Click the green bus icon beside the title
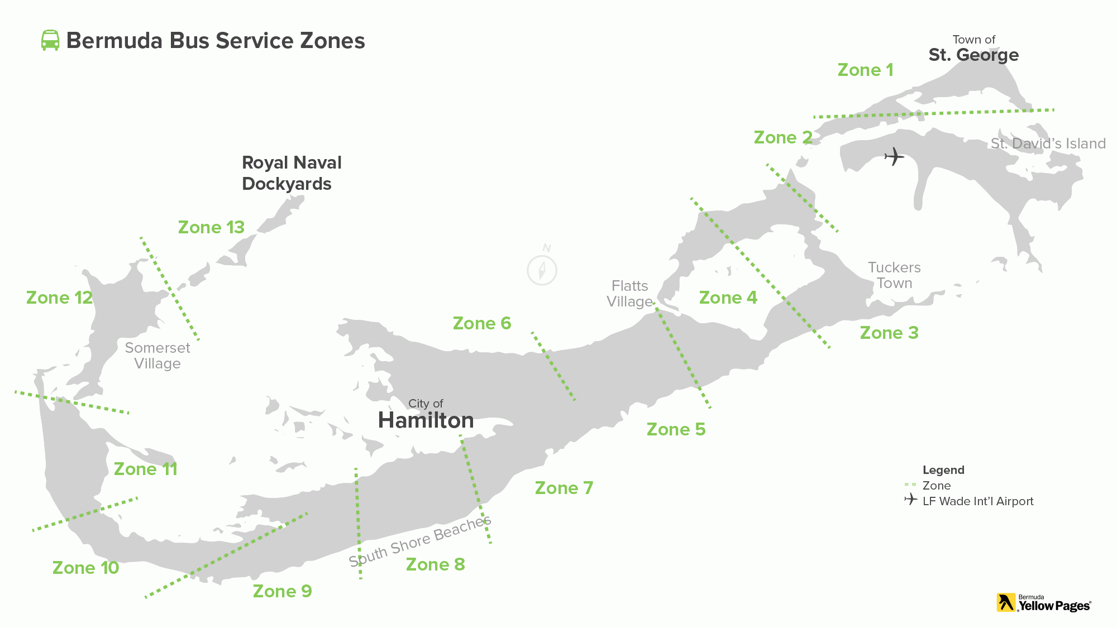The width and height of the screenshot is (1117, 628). pyautogui.click(x=50, y=41)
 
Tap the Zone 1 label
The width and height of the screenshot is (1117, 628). pyautogui.click(x=865, y=70)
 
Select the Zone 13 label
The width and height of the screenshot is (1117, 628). pyautogui.click(x=211, y=228)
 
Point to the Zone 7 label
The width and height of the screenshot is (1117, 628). pyautogui.click(x=564, y=488)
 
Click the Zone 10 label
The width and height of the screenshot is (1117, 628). pyautogui.click(x=85, y=568)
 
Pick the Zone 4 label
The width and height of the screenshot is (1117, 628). pyautogui.click(x=728, y=298)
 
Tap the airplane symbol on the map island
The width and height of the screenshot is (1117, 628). pyautogui.click(x=894, y=156)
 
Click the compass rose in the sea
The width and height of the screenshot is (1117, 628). pyautogui.click(x=542, y=270)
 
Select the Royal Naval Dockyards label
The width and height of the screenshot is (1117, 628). pyautogui.click(x=291, y=173)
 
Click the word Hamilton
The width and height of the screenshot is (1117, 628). pyautogui.click(x=426, y=420)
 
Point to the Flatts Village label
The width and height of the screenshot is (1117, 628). pyautogui.click(x=629, y=294)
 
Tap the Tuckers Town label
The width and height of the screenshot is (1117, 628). pyautogui.click(x=894, y=275)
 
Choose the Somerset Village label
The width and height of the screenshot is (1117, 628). pyautogui.click(x=157, y=356)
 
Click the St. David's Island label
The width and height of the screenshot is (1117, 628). pyautogui.click(x=1048, y=144)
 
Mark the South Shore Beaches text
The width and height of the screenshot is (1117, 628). pyautogui.click(x=420, y=541)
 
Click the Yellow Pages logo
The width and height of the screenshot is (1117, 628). pyautogui.click(x=1043, y=603)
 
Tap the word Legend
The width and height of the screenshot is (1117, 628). pyautogui.click(x=943, y=470)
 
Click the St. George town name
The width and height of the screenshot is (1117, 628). pyautogui.click(x=973, y=55)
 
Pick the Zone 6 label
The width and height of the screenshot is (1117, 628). pyautogui.click(x=482, y=324)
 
